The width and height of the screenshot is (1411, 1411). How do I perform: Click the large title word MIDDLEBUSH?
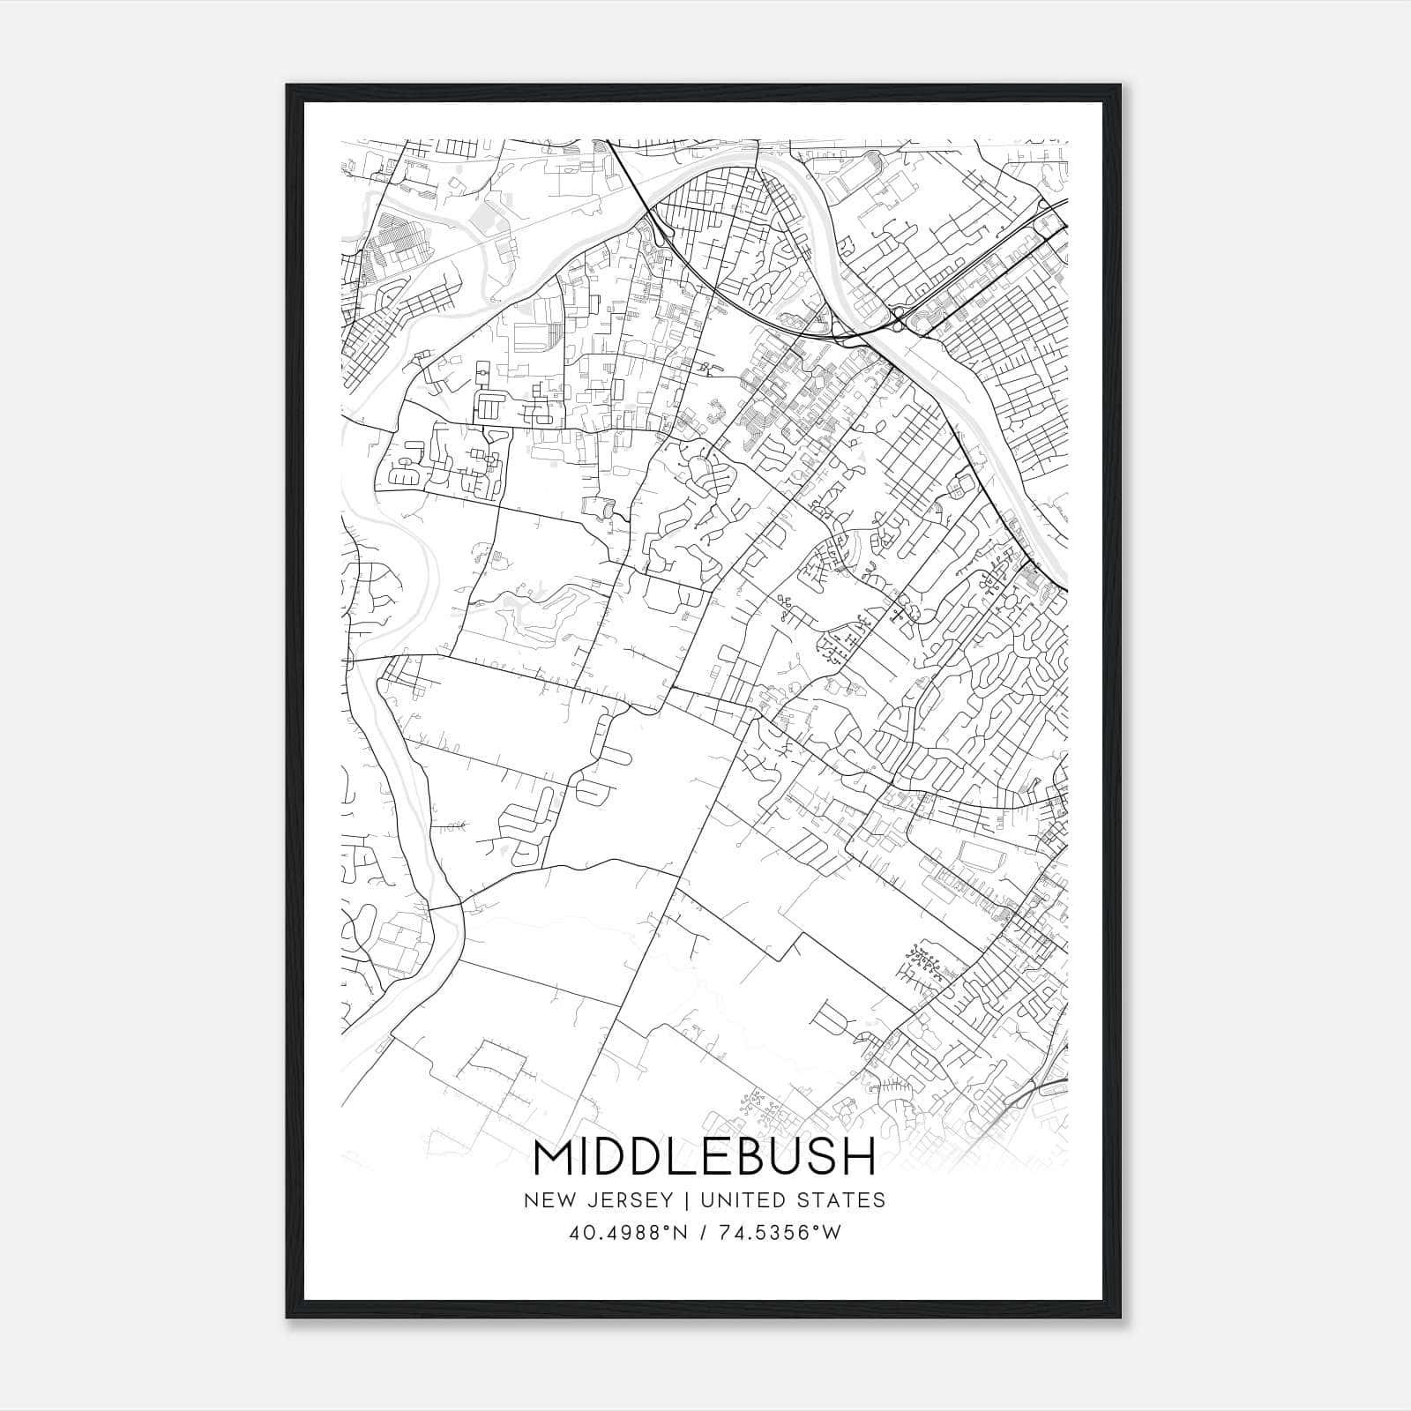[705, 1158]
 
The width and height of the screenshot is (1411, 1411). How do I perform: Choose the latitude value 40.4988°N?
[624, 1233]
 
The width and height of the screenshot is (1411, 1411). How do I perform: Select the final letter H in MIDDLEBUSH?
[857, 1158]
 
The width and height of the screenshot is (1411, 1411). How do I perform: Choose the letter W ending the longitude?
[832, 1233]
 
